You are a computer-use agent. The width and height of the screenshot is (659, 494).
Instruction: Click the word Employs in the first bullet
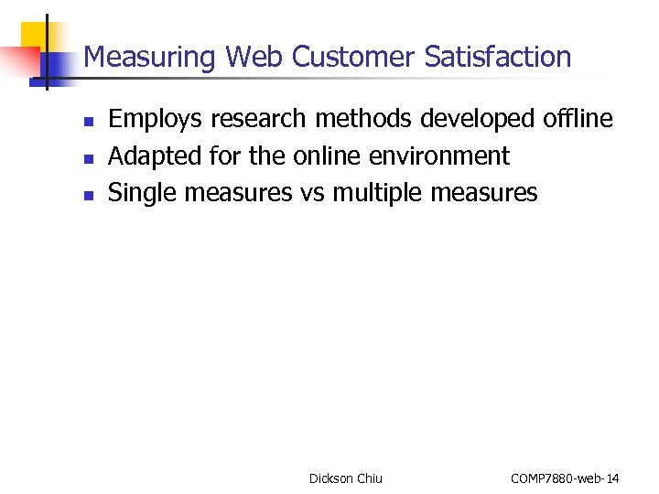point(156,120)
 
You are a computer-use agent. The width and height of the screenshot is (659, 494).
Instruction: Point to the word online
point(330,156)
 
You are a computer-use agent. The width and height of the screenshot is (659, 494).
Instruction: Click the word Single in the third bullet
point(143,193)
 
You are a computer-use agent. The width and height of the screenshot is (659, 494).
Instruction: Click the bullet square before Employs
point(87,121)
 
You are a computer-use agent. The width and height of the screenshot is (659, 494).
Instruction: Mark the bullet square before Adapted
point(87,157)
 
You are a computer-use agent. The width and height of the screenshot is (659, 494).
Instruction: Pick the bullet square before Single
point(87,194)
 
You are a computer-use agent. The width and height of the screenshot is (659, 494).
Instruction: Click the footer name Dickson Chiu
point(346,478)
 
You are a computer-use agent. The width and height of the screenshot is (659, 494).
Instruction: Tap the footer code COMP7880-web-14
point(565,478)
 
